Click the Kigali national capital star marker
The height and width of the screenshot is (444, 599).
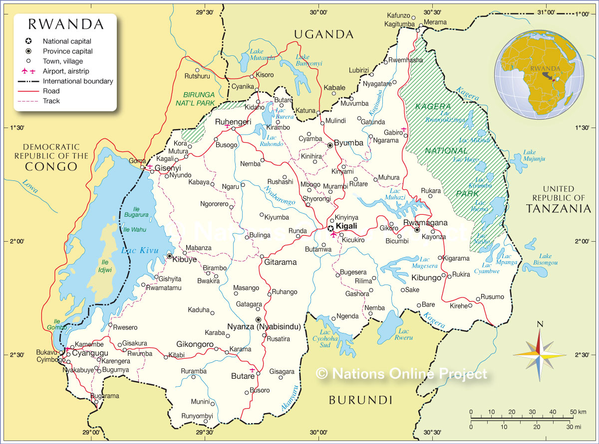pyautogui.click(x=330, y=227)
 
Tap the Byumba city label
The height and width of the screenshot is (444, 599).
pyautogui.click(x=348, y=143)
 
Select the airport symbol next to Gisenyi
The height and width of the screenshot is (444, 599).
pyautogui.click(x=149, y=166)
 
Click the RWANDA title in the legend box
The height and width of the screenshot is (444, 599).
pyautogui.click(x=66, y=24)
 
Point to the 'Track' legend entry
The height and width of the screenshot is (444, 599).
pyautogui.click(x=51, y=101)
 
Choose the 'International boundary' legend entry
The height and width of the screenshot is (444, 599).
pyautogui.click(x=78, y=81)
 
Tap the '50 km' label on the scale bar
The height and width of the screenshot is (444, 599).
pyautogui.click(x=576, y=412)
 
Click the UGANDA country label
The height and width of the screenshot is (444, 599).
pyautogui.click(x=323, y=34)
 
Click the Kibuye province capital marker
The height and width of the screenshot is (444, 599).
pyautogui.click(x=170, y=256)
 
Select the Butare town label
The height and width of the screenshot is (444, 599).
pyautogui.click(x=243, y=376)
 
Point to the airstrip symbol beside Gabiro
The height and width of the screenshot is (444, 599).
pyautogui.click(x=404, y=130)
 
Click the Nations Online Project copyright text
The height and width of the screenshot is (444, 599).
pyautogui.click(x=401, y=373)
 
